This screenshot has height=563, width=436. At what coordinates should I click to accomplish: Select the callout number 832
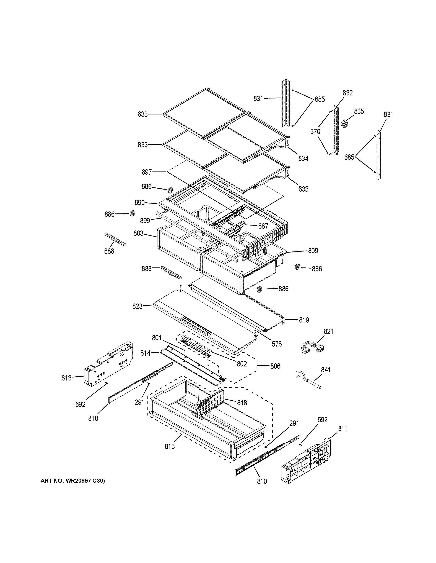click(x=348, y=93)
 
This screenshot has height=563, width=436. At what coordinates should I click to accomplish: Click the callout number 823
click(x=137, y=306)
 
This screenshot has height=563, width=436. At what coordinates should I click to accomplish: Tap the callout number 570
click(x=315, y=132)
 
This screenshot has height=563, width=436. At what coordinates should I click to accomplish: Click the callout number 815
click(x=170, y=446)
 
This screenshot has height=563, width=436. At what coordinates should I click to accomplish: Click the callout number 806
click(x=275, y=366)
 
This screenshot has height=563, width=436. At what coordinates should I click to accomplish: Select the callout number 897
click(x=147, y=172)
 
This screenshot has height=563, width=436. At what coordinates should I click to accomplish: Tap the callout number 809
click(x=313, y=251)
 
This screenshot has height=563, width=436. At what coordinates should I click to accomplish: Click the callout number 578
click(x=277, y=344)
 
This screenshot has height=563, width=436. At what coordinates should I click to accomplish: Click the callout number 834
click(x=303, y=159)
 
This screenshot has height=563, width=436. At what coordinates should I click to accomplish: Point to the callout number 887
click(x=263, y=226)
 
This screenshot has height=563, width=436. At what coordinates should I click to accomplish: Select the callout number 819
click(x=304, y=320)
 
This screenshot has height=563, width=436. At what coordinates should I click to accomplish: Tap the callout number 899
click(x=145, y=221)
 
